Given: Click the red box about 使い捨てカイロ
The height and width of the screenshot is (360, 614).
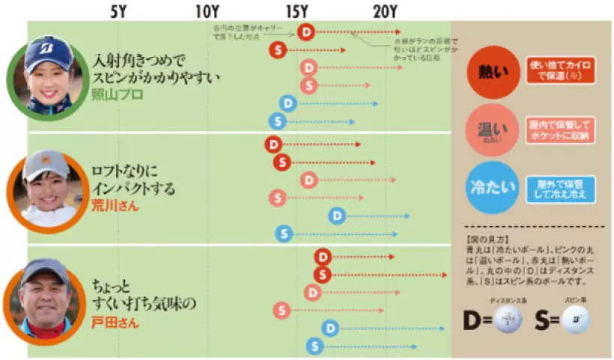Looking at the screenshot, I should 559,72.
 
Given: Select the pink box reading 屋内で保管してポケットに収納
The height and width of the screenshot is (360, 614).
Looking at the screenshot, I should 559,129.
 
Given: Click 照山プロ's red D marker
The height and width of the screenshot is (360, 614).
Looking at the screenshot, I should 305,31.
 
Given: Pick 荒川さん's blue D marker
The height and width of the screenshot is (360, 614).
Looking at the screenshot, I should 338,216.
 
